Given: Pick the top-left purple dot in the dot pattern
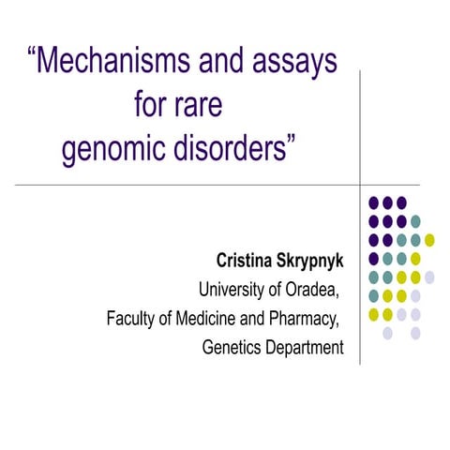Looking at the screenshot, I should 374,202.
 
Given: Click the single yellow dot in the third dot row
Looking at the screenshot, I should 429,239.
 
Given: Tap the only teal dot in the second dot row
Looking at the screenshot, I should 415,220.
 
